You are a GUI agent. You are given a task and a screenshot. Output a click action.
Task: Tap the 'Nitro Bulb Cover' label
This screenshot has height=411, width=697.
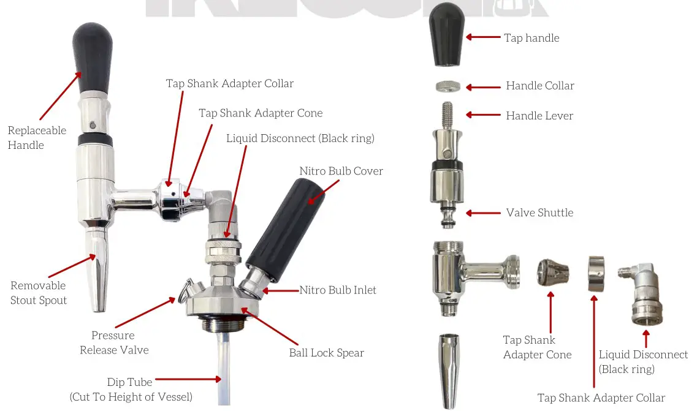pyautogui.click(x=341, y=171)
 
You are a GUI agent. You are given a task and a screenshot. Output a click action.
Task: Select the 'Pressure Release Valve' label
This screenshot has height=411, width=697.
pyautogui.click(x=113, y=342)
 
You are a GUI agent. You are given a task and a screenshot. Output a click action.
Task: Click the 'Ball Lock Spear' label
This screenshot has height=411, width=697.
pyautogui.click(x=326, y=353)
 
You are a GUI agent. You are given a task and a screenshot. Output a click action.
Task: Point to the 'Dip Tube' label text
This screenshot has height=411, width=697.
pyautogui.click(x=131, y=382)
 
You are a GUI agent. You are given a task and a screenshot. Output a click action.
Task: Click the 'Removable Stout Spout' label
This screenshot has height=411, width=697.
pyautogui.click(x=38, y=292)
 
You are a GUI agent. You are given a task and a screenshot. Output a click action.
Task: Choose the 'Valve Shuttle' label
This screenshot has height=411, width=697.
pyautogui.click(x=539, y=213)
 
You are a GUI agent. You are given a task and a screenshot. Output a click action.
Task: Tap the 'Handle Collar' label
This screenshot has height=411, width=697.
pyautogui.click(x=539, y=86)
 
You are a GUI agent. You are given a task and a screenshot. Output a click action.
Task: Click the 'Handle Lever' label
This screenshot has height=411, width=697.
pyautogui.click(x=539, y=115)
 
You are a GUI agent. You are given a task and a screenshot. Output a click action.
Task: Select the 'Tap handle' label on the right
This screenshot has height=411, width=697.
pyautogui.click(x=531, y=38)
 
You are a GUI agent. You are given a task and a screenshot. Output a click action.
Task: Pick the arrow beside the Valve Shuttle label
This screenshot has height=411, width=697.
pyautogui.click(x=484, y=213)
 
